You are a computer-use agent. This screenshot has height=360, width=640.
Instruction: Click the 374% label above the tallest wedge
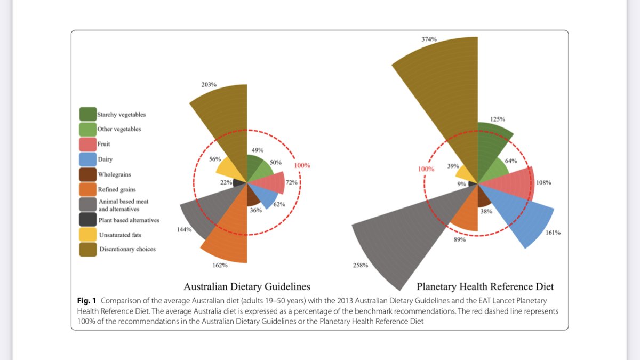point(429,39)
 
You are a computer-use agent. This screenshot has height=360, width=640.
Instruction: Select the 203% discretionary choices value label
point(209,85)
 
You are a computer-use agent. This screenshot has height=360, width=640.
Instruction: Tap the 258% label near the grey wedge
point(361,265)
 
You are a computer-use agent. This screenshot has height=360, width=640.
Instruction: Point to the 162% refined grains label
point(220,265)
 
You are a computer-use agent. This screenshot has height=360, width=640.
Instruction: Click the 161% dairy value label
point(553,233)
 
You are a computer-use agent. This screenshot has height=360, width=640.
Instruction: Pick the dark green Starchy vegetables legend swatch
point(88,114)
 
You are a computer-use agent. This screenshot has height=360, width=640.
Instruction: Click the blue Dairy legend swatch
point(88,159)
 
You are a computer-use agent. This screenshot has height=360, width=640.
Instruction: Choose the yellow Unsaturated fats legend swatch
point(88,234)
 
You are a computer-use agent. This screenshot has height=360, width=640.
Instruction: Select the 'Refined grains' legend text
point(117,189)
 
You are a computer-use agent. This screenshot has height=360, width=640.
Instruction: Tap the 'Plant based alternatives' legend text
point(129,220)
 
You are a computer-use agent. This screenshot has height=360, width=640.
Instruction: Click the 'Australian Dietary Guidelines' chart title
point(247,286)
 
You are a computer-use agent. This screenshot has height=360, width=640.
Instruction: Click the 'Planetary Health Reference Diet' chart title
point(485,286)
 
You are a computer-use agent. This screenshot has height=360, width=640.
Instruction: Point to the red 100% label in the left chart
point(302,165)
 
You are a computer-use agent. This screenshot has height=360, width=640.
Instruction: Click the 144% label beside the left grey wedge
point(185,229)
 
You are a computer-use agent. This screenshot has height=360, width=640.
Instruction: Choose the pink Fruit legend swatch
point(88,144)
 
